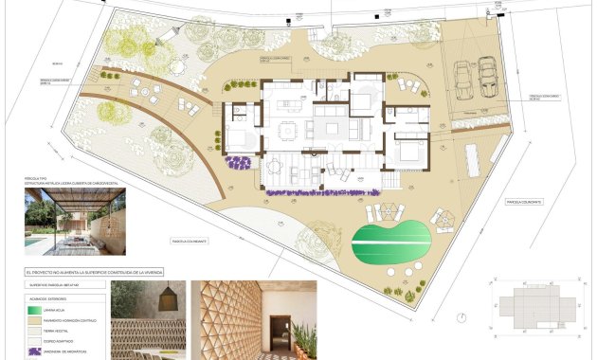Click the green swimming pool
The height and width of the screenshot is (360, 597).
[389, 243]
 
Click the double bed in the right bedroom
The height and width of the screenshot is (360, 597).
[410, 149]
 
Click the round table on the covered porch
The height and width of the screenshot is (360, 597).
[275, 168]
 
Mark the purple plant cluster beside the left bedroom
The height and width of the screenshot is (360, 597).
[239, 162]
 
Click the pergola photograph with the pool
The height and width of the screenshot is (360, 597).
[75, 221]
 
